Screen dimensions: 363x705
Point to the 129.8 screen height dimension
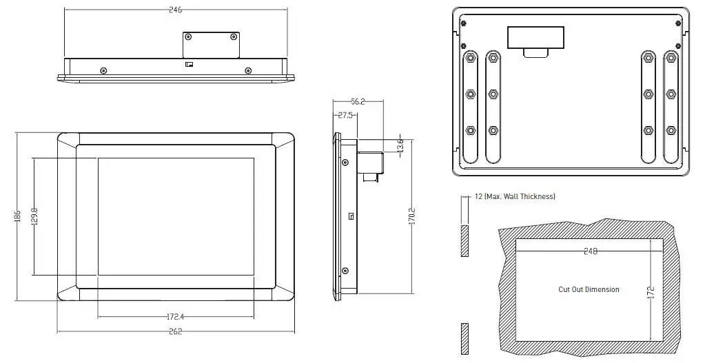point(34,216)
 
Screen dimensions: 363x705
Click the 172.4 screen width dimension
point(175,317)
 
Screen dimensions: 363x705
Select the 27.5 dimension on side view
point(345,116)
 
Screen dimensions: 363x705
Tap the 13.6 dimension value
point(400,146)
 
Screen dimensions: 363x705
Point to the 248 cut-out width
point(589,251)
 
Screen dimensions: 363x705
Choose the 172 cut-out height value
point(649,292)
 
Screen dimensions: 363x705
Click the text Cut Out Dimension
point(589,289)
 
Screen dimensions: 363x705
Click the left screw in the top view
point(103,70)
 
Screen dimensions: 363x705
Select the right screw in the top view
point(247,70)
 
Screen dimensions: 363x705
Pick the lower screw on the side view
point(345,271)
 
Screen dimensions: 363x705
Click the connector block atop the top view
point(211,45)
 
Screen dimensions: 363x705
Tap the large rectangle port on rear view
point(535,37)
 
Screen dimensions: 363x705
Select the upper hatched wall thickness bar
point(464,240)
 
